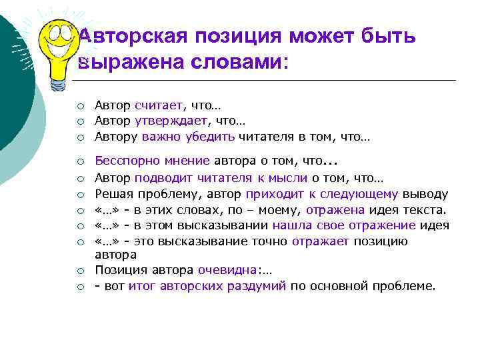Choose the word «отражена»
(333, 210)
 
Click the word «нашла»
(289, 226)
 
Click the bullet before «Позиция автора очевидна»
(80, 271)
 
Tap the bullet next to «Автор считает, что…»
(80, 106)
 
